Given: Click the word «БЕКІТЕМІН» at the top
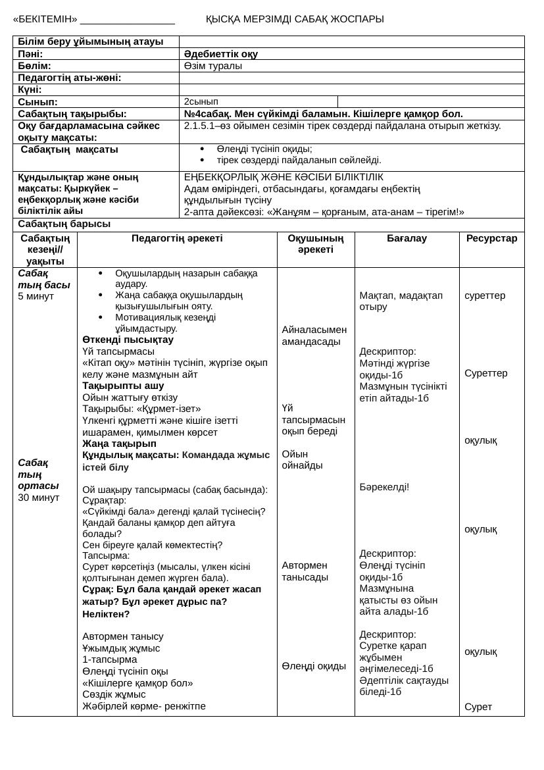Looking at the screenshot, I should point(45,19).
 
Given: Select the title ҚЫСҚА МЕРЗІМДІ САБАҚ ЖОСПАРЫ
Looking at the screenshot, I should point(295,19).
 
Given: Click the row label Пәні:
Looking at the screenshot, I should point(30,54).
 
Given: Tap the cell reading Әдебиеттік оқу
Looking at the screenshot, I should point(221,54).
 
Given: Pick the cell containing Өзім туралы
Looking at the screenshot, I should point(213,66).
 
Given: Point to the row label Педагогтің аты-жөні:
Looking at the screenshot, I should point(70,78).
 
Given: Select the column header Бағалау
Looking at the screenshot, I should point(407,238).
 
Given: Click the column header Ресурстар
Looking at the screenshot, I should point(491,238).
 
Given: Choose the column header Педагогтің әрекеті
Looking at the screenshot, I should point(177,238).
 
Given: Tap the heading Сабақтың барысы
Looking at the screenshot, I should point(64,224).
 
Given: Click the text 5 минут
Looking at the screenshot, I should point(36,295).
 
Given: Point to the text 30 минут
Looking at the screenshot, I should point(39,497).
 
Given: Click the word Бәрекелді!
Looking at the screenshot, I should point(384,487).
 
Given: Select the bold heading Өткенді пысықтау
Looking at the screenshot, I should point(128,340).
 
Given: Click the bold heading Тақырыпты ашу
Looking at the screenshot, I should point(123,386).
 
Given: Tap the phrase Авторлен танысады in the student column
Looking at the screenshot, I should point(305,571).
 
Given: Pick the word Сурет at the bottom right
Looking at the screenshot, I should point(478,707).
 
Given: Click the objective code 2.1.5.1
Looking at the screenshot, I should point(199,126).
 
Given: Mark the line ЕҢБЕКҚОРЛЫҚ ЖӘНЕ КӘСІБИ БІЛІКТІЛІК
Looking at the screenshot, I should point(284,177).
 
